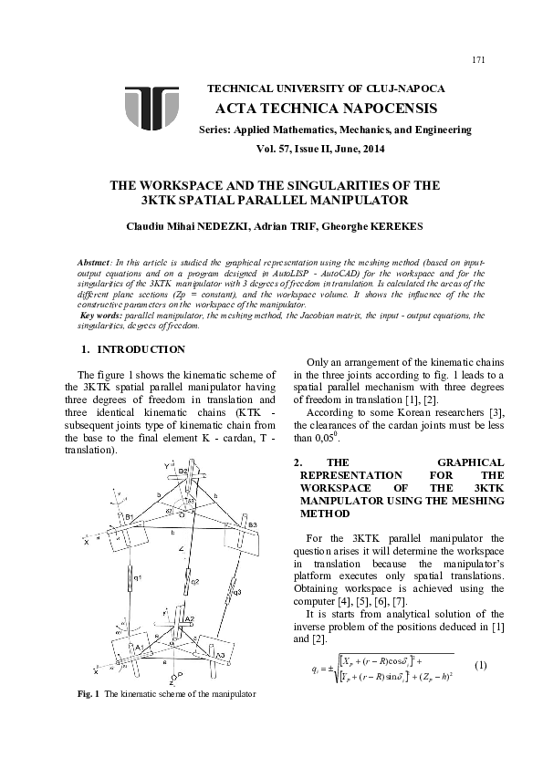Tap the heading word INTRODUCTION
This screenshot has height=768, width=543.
tap(141, 349)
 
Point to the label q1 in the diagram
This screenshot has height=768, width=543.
tap(136, 576)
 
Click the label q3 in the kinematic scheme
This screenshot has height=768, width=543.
tap(237, 591)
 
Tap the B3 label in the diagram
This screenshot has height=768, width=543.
tap(252, 524)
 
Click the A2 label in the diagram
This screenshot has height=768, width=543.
tap(189, 619)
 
